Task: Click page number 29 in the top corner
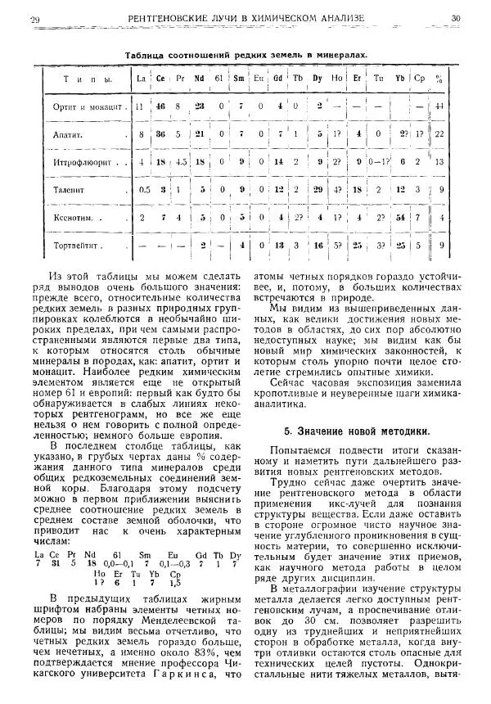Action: (34, 18)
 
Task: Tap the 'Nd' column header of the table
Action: (199, 79)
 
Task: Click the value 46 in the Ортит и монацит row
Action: (160, 106)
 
